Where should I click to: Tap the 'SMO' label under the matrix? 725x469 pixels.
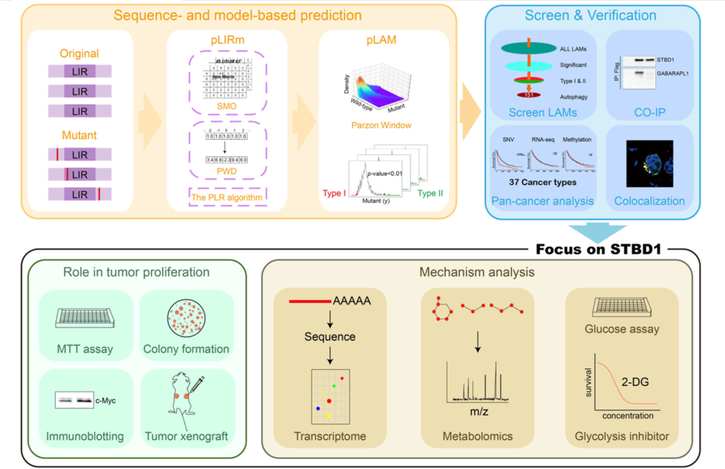[224, 106]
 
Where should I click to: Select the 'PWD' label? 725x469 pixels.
[224, 172]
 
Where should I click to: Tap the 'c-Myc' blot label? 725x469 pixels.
[106, 400]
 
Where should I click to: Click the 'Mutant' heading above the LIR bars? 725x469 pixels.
[79, 135]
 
